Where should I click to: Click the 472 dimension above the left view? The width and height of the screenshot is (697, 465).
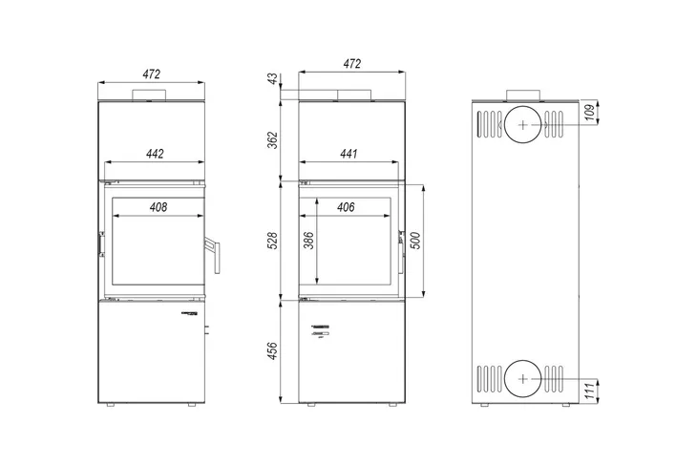click(151, 74)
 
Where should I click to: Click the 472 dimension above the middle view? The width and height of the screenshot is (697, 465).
click(351, 64)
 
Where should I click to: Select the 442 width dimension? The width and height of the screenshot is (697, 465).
click(155, 154)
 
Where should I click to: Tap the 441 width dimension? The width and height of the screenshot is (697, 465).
click(348, 154)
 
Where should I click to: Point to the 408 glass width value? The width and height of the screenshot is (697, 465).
click(158, 207)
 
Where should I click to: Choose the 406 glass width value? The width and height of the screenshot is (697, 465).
click(346, 207)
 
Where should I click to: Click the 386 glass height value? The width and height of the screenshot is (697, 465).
click(309, 241)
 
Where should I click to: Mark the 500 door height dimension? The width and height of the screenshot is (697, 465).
click(415, 241)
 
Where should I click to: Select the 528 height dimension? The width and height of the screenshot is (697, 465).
click(272, 241)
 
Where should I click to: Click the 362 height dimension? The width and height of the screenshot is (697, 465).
click(272, 140)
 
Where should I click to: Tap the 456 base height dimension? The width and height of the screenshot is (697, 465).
click(272, 350)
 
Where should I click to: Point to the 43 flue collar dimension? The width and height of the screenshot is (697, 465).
click(273, 78)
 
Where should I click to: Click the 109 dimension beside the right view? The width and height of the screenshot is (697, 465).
click(589, 113)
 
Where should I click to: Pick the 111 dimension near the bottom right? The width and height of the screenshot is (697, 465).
click(589, 391)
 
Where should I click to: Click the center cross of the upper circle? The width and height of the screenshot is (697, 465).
click(523, 125)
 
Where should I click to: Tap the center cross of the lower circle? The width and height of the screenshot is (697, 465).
click(523, 379)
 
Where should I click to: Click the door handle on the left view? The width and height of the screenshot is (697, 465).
click(213, 255)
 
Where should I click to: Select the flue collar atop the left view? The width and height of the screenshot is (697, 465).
click(149, 95)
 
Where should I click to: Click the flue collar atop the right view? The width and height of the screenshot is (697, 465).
click(523, 95)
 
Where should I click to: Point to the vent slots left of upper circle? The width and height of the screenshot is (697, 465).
click(490, 124)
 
